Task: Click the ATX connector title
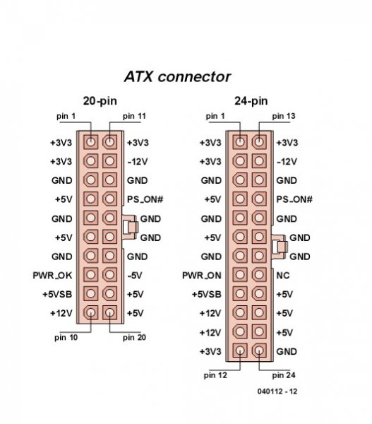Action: [177, 77]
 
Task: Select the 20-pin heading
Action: [100, 101]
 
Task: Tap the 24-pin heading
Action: [251, 101]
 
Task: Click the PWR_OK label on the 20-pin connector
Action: [52, 276]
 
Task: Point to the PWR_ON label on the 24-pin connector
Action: [202, 276]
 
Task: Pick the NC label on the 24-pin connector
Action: [283, 276]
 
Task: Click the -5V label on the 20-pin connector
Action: [135, 276]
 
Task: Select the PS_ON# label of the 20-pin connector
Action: [145, 199]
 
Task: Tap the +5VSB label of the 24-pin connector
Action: [207, 294]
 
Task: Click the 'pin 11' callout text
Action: [134, 117]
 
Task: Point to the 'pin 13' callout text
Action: [284, 117]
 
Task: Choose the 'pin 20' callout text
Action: [134, 338]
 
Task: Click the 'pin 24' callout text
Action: [284, 375]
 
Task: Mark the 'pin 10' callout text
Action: [66, 338]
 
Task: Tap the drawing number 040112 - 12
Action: [277, 391]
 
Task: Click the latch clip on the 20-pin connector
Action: [131, 227]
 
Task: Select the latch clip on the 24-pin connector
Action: [280, 247]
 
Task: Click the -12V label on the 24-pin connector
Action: [287, 162]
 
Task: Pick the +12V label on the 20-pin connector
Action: [61, 313]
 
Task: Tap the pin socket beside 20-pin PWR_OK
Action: [90, 274]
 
